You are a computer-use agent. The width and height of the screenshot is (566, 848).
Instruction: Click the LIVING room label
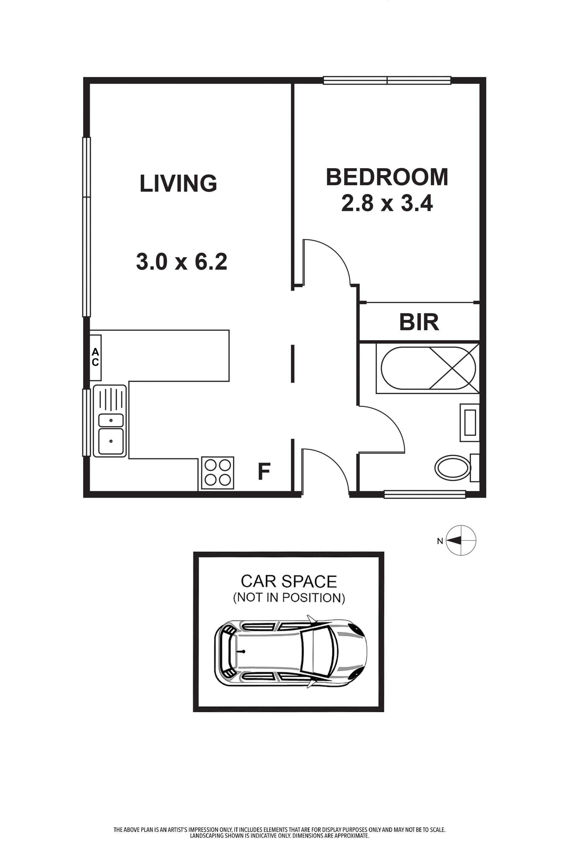click(x=178, y=183)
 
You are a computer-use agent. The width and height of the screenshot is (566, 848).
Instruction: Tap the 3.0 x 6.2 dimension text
click(x=182, y=262)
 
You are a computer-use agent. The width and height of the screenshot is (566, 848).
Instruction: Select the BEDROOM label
click(x=387, y=177)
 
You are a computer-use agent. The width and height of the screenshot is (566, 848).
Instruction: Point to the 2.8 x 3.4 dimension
click(x=387, y=203)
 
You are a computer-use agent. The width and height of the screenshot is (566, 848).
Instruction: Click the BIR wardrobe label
click(x=419, y=322)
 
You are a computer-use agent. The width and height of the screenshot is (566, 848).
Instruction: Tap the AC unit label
click(x=95, y=357)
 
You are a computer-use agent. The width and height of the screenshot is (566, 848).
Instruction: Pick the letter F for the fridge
click(x=264, y=472)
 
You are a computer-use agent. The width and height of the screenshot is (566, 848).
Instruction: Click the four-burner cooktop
click(x=218, y=473)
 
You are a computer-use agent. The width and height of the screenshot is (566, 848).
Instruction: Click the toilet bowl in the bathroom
click(x=453, y=468)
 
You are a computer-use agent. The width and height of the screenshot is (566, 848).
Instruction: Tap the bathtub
click(x=428, y=368)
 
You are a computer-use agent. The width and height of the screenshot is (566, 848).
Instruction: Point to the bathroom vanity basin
click(x=470, y=422)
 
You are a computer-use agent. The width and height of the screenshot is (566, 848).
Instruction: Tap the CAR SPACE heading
click(x=289, y=581)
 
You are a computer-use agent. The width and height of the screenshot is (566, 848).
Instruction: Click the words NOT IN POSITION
click(x=289, y=598)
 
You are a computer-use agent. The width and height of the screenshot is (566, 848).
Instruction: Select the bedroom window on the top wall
click(x=387, y=80)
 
